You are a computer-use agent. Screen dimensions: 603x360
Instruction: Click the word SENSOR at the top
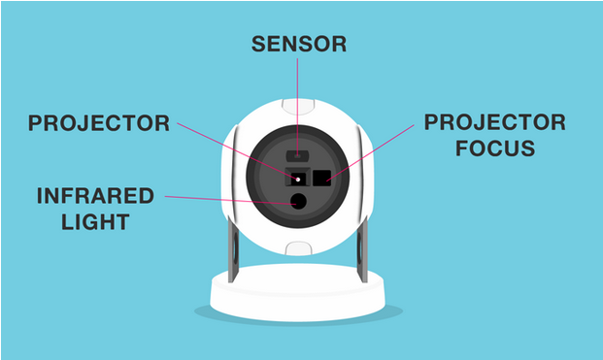coord(298,45)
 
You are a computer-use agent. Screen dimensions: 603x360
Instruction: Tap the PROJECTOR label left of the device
coord(98,124)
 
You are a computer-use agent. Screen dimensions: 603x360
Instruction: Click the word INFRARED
coord(95,196)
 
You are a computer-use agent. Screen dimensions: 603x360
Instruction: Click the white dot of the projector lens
coord(297,179)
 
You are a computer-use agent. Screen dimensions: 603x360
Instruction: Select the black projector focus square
coord(320,178)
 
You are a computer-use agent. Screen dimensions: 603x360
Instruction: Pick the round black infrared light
coord(297,202)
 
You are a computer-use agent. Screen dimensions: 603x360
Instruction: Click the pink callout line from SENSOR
coord(298,107)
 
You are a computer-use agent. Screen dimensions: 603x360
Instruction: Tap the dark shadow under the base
coord(298,318)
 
